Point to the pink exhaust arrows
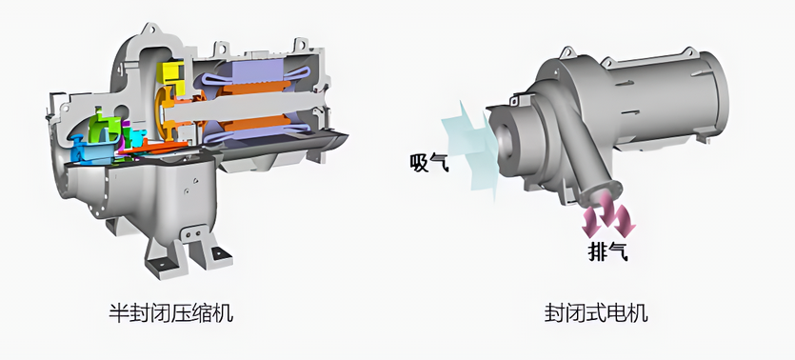[608, 216]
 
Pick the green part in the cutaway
[104, 126]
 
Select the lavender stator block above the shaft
[259, 72]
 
